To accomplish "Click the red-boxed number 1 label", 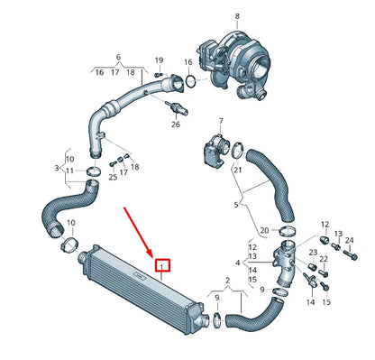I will pos(163,265).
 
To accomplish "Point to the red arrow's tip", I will pos(155,257).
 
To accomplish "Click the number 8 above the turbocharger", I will pos(238,16).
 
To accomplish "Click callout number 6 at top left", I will pos(118,56).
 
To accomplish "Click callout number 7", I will pos(221,120).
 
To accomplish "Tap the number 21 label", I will pos(238,169).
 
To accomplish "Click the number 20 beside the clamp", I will pos(263,230).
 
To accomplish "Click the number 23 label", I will pos(311,254).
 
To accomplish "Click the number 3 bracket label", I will pos(57,169).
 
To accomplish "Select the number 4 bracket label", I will pos(237,263).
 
